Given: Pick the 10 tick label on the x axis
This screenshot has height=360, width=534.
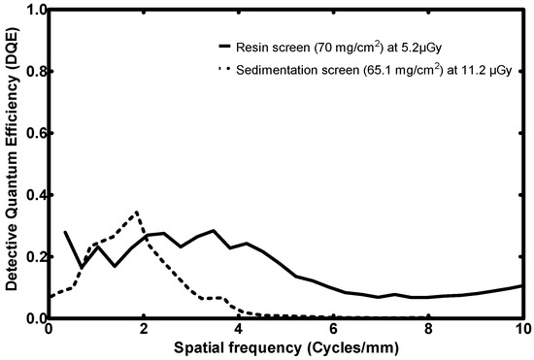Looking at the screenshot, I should [x=521, y=330].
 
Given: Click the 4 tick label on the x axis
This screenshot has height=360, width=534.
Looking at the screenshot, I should [x=238, y=330].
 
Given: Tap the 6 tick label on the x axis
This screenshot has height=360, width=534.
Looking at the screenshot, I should [x=333, y=330].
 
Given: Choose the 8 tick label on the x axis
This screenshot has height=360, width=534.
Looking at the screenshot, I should [x=428, y=330].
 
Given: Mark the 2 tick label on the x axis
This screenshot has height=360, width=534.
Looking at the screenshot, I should [x=144, y=330].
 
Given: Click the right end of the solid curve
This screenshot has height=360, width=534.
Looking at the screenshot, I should [x=522, y=285].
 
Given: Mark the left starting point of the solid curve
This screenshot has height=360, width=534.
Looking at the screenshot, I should [x=65, y=232].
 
